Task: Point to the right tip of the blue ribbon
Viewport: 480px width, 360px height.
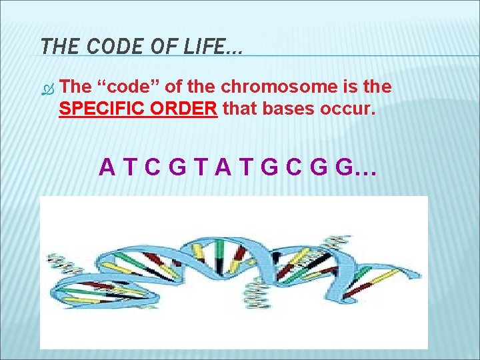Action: point(419,273)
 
